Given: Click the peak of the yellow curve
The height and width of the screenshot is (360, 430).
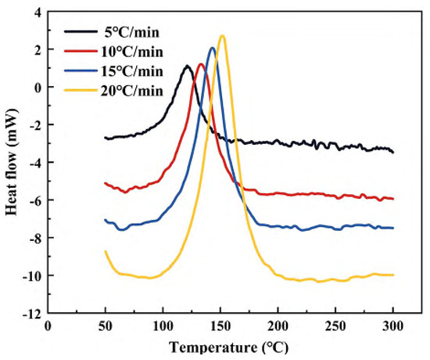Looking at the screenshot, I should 223,36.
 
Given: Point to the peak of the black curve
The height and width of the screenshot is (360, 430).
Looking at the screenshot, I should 187,66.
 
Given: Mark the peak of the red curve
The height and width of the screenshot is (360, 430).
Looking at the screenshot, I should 200,64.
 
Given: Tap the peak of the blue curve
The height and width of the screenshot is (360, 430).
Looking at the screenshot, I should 212,48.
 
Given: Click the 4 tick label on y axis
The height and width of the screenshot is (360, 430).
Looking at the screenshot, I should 36,12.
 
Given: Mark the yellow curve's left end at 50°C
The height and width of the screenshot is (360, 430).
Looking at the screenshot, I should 106,251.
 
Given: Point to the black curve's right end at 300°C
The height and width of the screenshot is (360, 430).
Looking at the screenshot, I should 392,152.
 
